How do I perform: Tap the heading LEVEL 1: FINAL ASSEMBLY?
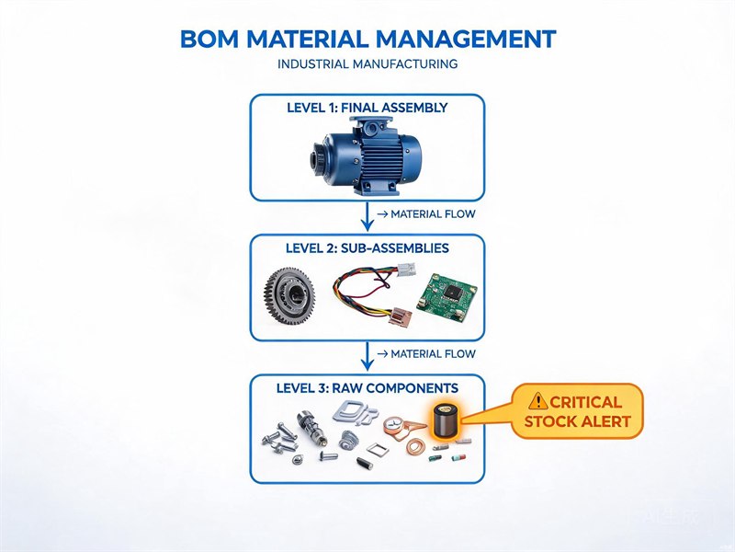point(367,108)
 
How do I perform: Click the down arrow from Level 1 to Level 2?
point(367,216)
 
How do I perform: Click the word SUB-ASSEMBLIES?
point(395,248)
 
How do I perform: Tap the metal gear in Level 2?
point(289,295)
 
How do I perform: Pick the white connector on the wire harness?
point(406,269)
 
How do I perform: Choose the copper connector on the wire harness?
point(399,316)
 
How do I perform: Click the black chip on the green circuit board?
point(451,292)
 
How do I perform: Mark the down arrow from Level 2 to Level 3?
point(367,356)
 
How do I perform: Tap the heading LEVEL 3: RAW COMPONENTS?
point(367,388)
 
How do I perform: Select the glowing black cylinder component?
point(445,420)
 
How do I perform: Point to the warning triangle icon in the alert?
point(537,401)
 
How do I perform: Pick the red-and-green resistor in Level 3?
point(458,456)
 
